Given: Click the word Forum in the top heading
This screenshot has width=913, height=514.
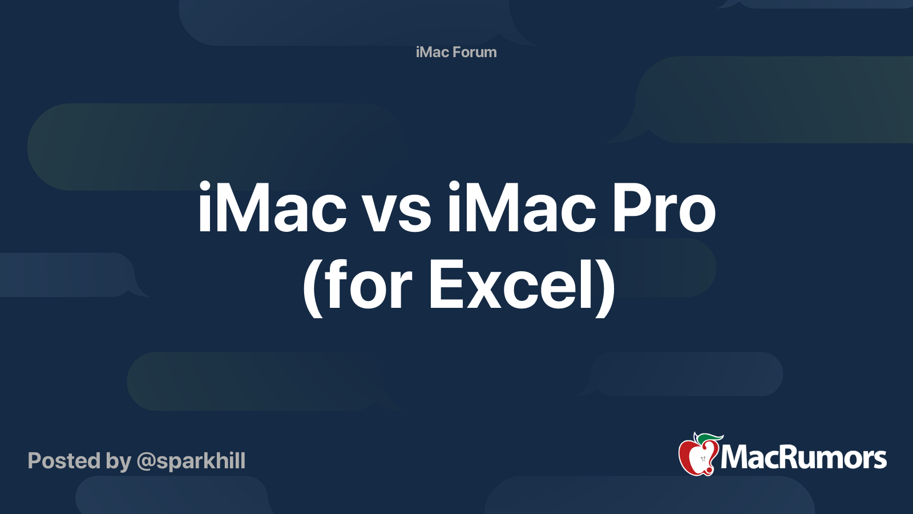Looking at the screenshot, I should click(x=475, y=52).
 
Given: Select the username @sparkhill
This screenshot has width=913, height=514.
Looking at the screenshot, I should click(x=191, y=461).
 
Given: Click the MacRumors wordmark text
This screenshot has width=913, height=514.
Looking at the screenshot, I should click(x=803, y=458).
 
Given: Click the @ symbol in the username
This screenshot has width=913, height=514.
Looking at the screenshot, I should click(x=146, y=461).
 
